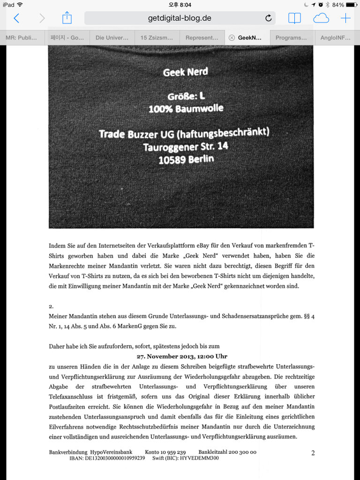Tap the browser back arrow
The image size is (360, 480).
click(x=16, y=18)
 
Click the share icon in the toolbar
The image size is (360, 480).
click(x=67, y=18)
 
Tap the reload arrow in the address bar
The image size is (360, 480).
click(x=268, y=18)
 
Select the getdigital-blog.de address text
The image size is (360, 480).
click(x=180, y=18)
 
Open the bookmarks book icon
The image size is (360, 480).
click(x=294, y=18)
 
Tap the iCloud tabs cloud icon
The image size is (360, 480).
click(x=321, y=18)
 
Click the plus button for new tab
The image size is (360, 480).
click(x=345, y=18)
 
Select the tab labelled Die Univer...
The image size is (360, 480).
click(x=112, y=37)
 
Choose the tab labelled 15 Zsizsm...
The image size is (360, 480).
click(x=157, y=37)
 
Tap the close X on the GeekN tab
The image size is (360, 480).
click(x=232, y=37)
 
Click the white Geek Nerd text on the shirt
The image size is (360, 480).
click(x=185, y=72)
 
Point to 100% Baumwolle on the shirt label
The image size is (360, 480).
click(x=186, y=109)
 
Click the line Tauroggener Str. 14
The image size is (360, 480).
click(x=186, y=147)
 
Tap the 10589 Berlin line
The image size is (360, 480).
click(x=186, y=159)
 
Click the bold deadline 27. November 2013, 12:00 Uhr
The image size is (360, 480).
click(x=182, y=356)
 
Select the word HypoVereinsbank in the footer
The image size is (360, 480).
click(x=112, y=452)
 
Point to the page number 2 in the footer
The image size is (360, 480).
click(x=313, y=453)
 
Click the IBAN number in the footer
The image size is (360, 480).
click(x=112, y=458)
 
